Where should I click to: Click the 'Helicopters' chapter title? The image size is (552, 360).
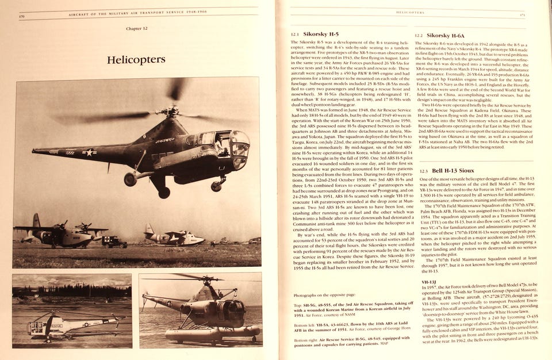point(136,59)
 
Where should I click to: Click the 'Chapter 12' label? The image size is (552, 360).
point(137,28)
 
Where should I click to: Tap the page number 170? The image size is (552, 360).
point(21,16)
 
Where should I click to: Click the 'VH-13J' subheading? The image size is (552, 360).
point(428,282)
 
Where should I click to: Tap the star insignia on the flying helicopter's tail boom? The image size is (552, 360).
point(89,152)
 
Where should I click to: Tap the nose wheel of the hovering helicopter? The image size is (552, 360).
point(217,186)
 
